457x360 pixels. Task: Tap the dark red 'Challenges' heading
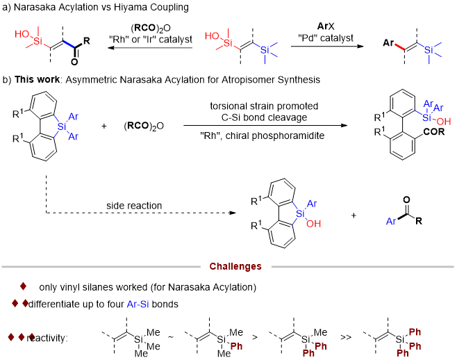click(x=235, y=266)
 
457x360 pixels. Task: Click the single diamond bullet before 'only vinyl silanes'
click(x=23, y=286)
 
